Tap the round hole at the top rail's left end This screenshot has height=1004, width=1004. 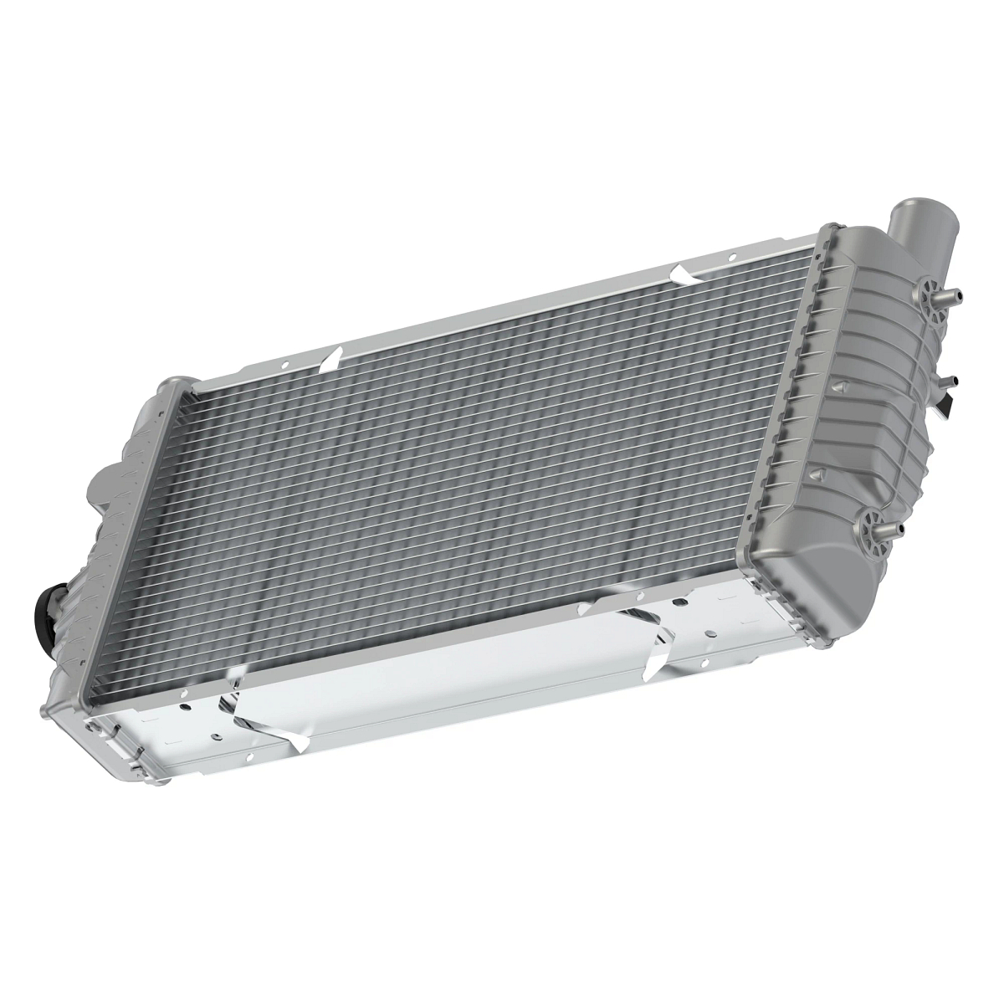[284, 365]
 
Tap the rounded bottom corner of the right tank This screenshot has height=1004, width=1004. [837, 577]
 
